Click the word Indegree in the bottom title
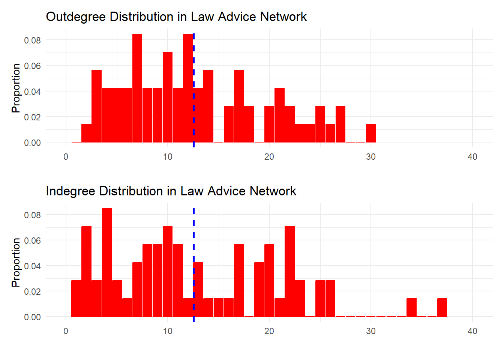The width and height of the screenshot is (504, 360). coord(70,191)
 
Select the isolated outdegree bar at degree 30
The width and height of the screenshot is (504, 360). coord(371,133)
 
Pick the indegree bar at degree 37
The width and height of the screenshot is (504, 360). coord(442,307)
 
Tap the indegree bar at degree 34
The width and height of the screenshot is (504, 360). coord(411,307)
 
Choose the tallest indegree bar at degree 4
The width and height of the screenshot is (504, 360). coord(107,262)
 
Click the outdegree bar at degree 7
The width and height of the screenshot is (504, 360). coord(137,88)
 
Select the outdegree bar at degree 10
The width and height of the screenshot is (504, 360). coord(168,97)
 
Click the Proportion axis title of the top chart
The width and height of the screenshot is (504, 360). coord(16,88)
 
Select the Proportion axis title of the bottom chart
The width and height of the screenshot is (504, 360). coord(16,262)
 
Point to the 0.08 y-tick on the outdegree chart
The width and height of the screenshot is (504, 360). coord(33,40)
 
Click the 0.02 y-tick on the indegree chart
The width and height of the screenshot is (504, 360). coord(33,291)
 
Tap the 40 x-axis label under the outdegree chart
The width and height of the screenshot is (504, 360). coord(472,157)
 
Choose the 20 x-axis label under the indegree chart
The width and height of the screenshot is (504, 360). coord(269,331)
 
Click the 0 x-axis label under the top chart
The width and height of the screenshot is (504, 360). coord(66,157)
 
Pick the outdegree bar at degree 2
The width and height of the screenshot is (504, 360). coord(87,133)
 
